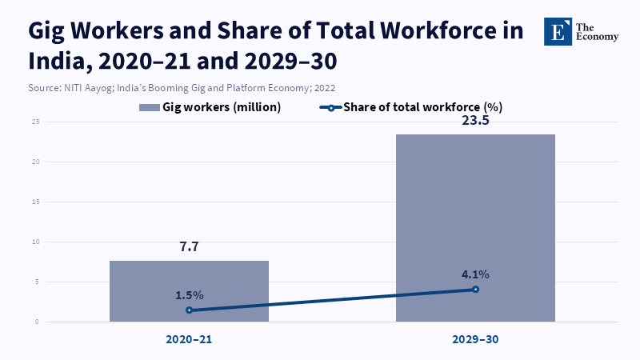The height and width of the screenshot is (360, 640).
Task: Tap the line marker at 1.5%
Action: click(190, 310)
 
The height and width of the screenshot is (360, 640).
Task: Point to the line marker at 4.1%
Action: click(476, 289)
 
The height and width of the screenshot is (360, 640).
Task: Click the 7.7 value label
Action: click(189, 247)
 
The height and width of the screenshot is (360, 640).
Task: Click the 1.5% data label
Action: click(190, 295)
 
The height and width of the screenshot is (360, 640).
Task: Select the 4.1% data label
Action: click(475, 274)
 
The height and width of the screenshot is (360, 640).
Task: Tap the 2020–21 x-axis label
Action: click(189, 340)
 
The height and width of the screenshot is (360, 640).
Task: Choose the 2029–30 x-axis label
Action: click(476, 340)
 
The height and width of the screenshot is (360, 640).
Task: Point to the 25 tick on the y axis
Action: click(36, 122)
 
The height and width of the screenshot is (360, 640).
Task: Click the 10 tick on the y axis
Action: click(36, 242)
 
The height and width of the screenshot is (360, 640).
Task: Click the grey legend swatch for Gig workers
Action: click(149, 106)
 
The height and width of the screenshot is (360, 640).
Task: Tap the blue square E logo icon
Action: click(558, 30)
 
